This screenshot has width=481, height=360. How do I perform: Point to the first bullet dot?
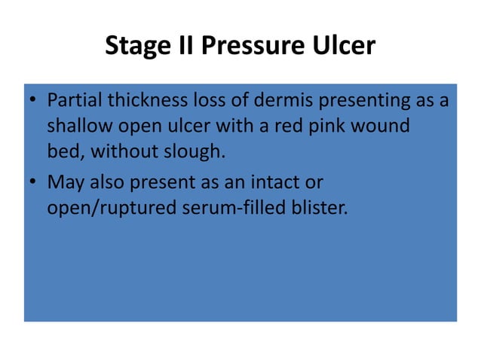[34, 100]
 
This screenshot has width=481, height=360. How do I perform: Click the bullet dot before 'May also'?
[34, 182]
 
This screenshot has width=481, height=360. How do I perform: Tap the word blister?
[322, 207]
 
